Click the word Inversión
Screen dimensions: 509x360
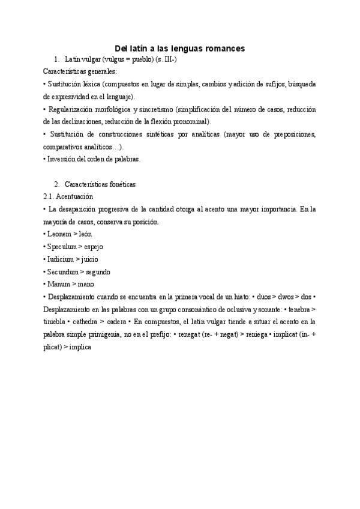click(x=62, y=159)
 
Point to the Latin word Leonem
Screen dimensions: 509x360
click(x=59, y=233)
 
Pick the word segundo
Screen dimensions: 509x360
click(x=99, y=271)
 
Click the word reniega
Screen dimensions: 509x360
click(x=262, y=334)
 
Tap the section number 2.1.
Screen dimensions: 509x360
click(x=49, y=196)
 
